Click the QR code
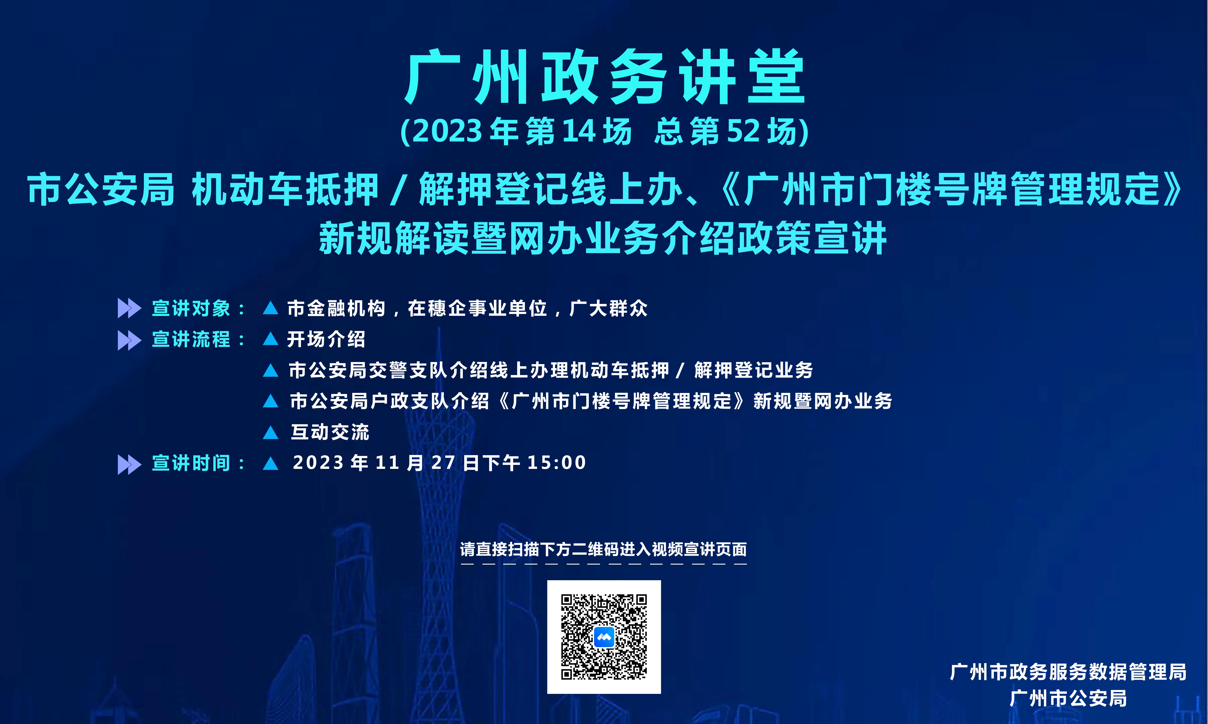[604, 637]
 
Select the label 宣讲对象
[191, 308]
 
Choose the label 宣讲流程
[191, 339]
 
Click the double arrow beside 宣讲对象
[129, 308]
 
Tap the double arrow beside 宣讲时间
[129, 464]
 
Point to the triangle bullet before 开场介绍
[271, 339]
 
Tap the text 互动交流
[330, 432]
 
